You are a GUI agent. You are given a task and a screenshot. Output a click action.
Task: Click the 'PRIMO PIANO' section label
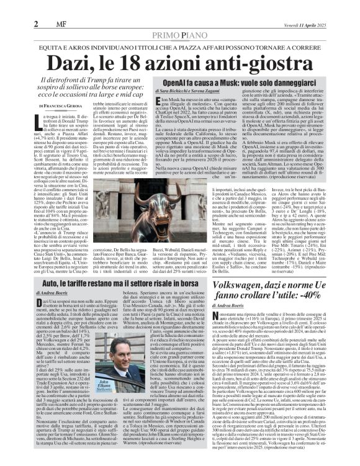(180, 19)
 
